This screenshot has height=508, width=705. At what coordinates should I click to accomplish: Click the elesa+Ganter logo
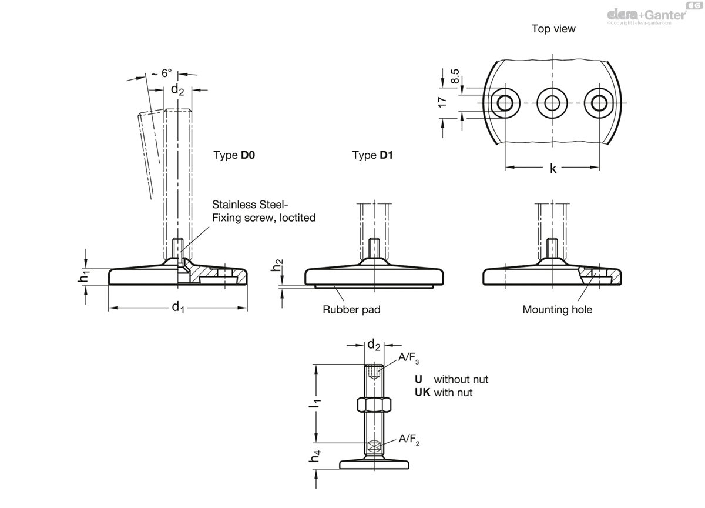click(x=646, y=15)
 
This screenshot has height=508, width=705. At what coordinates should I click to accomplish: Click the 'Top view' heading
click(x=553, y=29)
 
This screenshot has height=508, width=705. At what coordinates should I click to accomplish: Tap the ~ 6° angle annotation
click(x=162, y=73)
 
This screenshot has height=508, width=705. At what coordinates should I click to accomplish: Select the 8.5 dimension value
click(x=455, y=76)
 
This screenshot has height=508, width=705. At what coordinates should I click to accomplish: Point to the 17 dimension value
click(x=442, y=102)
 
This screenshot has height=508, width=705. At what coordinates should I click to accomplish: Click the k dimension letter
click(x=553, y=169)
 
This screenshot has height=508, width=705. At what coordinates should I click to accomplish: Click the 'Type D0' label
click(x=234, y=155)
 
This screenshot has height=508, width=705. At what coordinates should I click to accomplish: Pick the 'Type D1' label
click(x=372, y=155)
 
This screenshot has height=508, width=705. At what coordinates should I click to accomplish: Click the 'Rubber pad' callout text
click(x=351, y=310)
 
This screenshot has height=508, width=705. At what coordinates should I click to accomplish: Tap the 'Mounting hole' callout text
click(x=558, y=310)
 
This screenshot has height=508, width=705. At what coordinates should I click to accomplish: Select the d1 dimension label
click(x=178, y=307)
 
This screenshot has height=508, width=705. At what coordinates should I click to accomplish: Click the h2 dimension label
click(x=277, y=265)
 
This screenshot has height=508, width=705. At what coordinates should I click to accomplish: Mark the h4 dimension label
click(x=314, y=456)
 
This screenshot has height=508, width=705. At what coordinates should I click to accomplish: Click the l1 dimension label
click(x=315, y=403)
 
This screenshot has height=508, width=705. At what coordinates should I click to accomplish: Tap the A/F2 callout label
click(x=409, y=439)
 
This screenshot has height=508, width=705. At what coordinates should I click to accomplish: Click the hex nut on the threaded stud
click(x=374, y=405)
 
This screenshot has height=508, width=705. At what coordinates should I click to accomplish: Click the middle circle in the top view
click(x=552, y=103)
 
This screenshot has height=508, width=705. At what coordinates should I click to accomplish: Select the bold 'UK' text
click(x=422, y=392)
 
